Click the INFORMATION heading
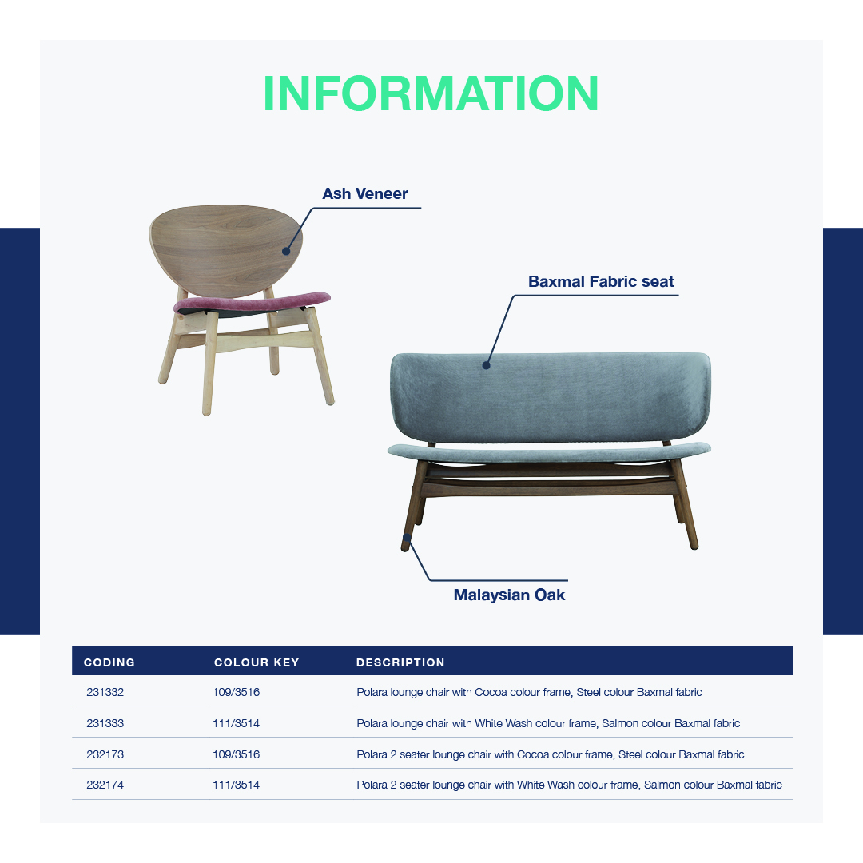click(431, 93)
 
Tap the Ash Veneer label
click(365, 193)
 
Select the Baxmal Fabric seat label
click(601, 282)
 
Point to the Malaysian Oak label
click(509, 595)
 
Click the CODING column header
click(109, 662)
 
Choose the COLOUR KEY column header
click(257, 662)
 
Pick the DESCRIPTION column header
click(400, 662)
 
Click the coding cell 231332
click(105, 692)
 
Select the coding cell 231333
click(105, 723)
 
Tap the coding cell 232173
click(105, 754)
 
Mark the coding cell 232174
click(105, 785)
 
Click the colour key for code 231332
click(236, 692)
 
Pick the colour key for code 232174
click(236, 785)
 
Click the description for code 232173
click(551, 754)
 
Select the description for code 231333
click(548, 723)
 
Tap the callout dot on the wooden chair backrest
click(286, 252)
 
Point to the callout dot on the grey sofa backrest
click(486, 365)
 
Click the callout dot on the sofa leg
click(407, 538)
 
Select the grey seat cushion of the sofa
click(549, 452)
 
